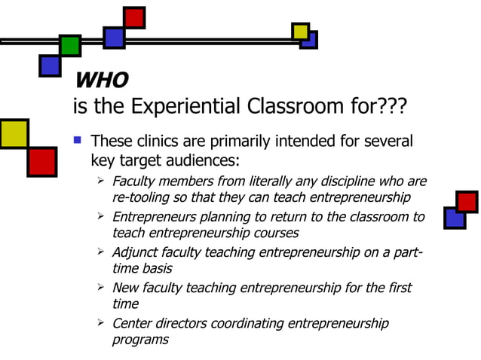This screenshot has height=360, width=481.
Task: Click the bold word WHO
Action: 101,79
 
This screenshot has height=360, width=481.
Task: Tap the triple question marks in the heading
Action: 389,106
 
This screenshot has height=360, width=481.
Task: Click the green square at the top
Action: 69,45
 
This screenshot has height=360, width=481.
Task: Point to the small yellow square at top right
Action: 300,31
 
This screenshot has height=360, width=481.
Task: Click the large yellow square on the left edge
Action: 13,133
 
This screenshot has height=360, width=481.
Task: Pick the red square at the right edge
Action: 467,202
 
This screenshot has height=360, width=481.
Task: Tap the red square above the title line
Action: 134,17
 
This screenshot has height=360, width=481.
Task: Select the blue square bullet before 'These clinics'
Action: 76,140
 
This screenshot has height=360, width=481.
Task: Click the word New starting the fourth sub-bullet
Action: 125,288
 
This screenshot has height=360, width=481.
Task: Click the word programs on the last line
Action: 140,339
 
